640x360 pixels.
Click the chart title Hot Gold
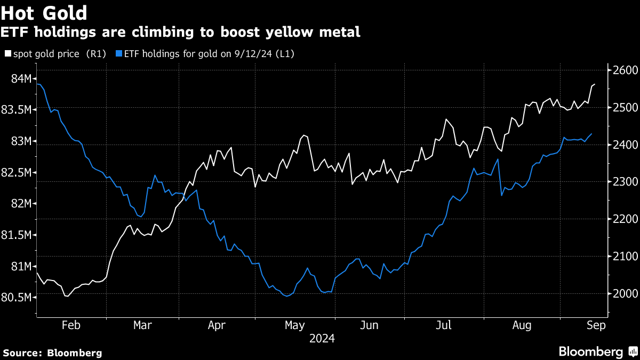tap(44, 12)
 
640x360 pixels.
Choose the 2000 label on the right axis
tap(621, 294)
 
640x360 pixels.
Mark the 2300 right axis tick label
tap(621, 182)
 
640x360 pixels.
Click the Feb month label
tap(71, 326)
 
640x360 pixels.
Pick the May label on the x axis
tap(294, 326)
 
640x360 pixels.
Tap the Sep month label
tap(596, 326)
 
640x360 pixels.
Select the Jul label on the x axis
tap(445, 326)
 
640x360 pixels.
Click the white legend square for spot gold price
tap(7, 54)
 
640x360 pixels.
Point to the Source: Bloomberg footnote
tap(52, 353)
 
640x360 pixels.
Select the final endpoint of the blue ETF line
tap(591, 134)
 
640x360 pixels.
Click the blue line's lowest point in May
tap(287, 295)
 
